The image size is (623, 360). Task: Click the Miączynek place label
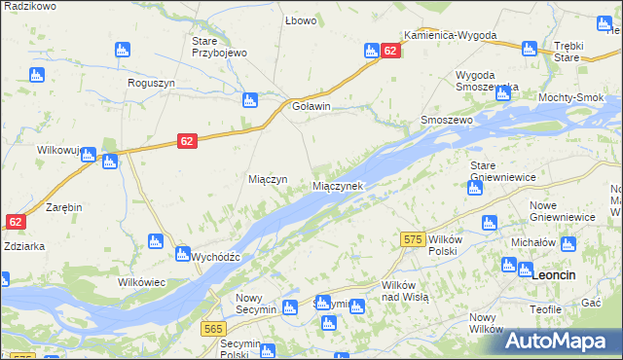337,186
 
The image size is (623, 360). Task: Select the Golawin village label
311,107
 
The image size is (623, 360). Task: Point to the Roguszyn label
151,84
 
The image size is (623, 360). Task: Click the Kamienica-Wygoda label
451,35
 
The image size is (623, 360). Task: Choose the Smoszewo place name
446,120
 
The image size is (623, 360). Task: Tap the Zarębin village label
63,208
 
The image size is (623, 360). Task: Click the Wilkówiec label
142,281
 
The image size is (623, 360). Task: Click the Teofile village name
546,308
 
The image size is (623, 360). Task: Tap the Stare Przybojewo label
219,47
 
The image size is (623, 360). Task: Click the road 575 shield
412,239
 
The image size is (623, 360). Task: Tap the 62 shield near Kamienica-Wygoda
389,51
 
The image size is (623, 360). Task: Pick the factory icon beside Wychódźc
182,255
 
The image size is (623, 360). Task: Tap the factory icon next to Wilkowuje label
89,154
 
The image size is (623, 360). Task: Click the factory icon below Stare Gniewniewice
474,188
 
